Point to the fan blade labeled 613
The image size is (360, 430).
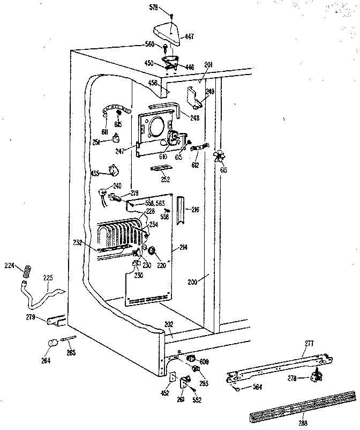click(x=218, y=157)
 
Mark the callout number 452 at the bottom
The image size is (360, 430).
click(x=164, y=393)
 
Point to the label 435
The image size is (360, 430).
click(x=95, y=173)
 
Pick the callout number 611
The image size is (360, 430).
click(x=105, y=131)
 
